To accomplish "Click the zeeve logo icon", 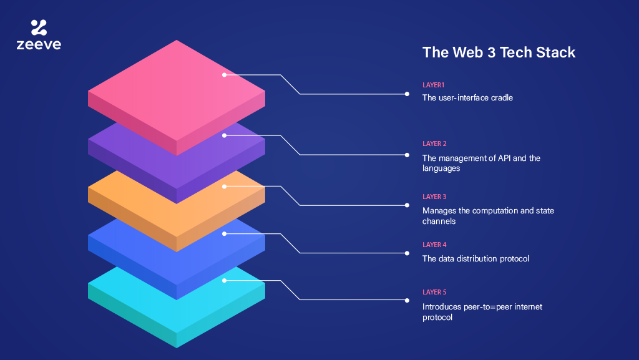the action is pos(39,27).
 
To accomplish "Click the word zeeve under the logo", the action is pos(39,44).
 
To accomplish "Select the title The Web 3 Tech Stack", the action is pos(499,52).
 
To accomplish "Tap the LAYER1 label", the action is pos(433,85).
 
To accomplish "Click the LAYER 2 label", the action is pos(434,144).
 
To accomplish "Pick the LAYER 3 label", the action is pos(434,197).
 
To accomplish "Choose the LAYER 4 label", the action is pos(434,245).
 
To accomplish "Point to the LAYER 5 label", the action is pos(434,292).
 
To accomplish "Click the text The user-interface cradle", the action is pos(467,98).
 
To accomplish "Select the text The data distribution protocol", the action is pos(476,258).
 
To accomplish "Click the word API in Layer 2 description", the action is pos(504,158).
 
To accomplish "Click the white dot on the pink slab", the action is pos(224,75).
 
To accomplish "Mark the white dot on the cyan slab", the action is pos(224,281).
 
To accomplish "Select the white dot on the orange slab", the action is pos(224,187).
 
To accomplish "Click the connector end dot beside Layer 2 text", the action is pos(407,155).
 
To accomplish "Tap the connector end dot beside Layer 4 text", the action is pos(407,253).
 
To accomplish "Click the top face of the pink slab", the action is pos(177,90).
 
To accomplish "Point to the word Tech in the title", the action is pos(516,52).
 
